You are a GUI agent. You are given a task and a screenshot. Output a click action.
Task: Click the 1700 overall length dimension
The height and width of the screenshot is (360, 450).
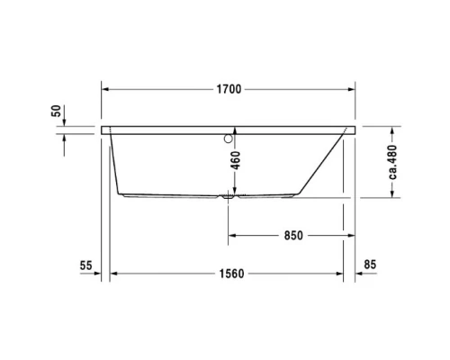click(x=228, y=90)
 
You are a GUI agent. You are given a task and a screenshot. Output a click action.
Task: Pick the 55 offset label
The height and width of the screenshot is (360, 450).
click(x=86, y=265)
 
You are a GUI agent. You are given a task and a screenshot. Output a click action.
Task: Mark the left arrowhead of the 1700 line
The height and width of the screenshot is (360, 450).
click(x=104, y=90)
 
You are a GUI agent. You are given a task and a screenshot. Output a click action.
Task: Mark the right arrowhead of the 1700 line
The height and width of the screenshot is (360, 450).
click(x=352, y=90)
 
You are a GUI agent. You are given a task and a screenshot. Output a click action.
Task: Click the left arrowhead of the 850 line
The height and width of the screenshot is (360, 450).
click(x=231, y=236)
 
